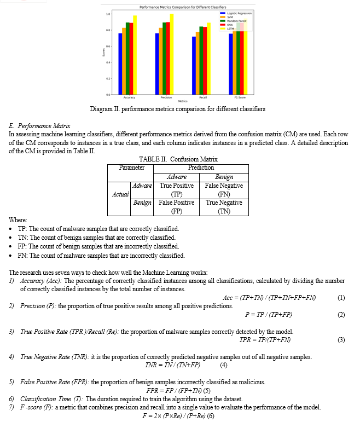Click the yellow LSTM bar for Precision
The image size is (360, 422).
172,55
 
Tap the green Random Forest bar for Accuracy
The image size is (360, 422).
127,59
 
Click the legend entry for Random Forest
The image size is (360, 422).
236,21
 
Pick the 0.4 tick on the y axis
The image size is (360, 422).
107,62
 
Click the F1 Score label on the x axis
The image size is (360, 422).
240,97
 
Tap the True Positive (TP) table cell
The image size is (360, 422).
177,189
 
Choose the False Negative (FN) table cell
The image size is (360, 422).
224,189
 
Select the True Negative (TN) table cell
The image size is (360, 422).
224,206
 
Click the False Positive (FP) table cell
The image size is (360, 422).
177,206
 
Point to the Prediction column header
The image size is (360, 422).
201,167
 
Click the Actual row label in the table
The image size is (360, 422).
120,194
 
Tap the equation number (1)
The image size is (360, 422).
341,298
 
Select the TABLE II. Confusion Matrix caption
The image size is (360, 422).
178,159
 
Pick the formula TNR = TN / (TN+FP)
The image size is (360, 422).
172,365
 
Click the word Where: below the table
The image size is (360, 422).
18,220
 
